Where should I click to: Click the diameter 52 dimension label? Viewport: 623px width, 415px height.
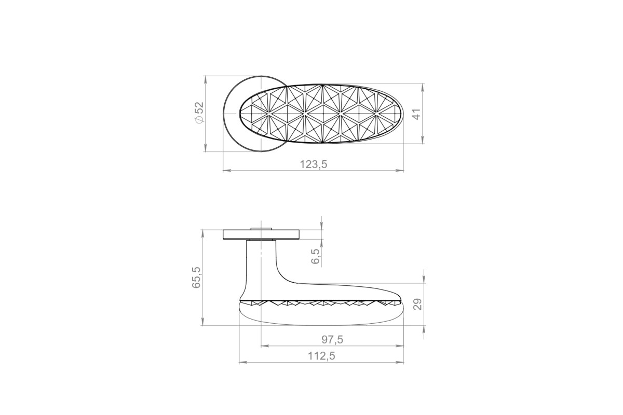click(200, 112)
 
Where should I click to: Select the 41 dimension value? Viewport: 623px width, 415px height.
click(417, 114)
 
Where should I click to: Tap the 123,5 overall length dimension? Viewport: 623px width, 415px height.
click(314, 164)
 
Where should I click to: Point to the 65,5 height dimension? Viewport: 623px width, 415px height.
click(196, 277)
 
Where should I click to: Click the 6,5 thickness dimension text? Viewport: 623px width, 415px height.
click(316, 256)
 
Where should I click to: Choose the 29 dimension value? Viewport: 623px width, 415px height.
click(417, 305)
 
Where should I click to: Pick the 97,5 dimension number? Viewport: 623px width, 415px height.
click(332, 339)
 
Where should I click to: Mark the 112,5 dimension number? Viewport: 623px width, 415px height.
click(321, 356)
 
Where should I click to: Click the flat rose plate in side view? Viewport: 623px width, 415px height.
click(261, 234)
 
